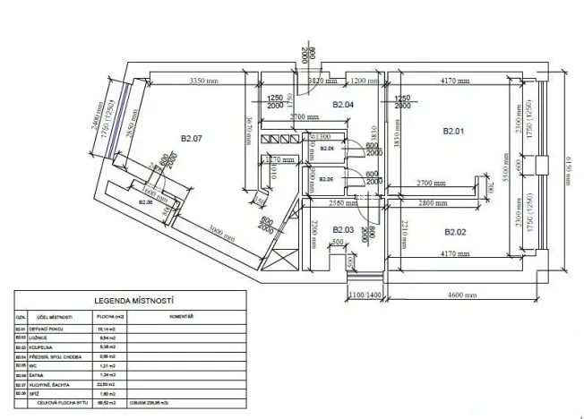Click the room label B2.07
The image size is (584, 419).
pyautogui.click(x=192, y=139)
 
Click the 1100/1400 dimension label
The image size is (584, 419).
pyautogui.click(x=365, y=295)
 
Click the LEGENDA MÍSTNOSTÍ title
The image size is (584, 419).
pyautogui.click(x=133, y=302)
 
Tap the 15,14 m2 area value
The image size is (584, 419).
pyautogui.click(x=107, y=329)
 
